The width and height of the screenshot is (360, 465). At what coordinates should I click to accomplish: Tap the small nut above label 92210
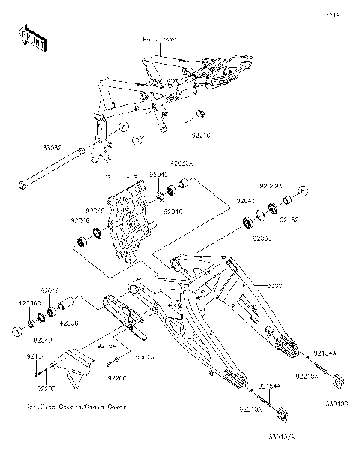[199, 114]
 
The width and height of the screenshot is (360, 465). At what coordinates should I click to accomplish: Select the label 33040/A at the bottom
[284, 435]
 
